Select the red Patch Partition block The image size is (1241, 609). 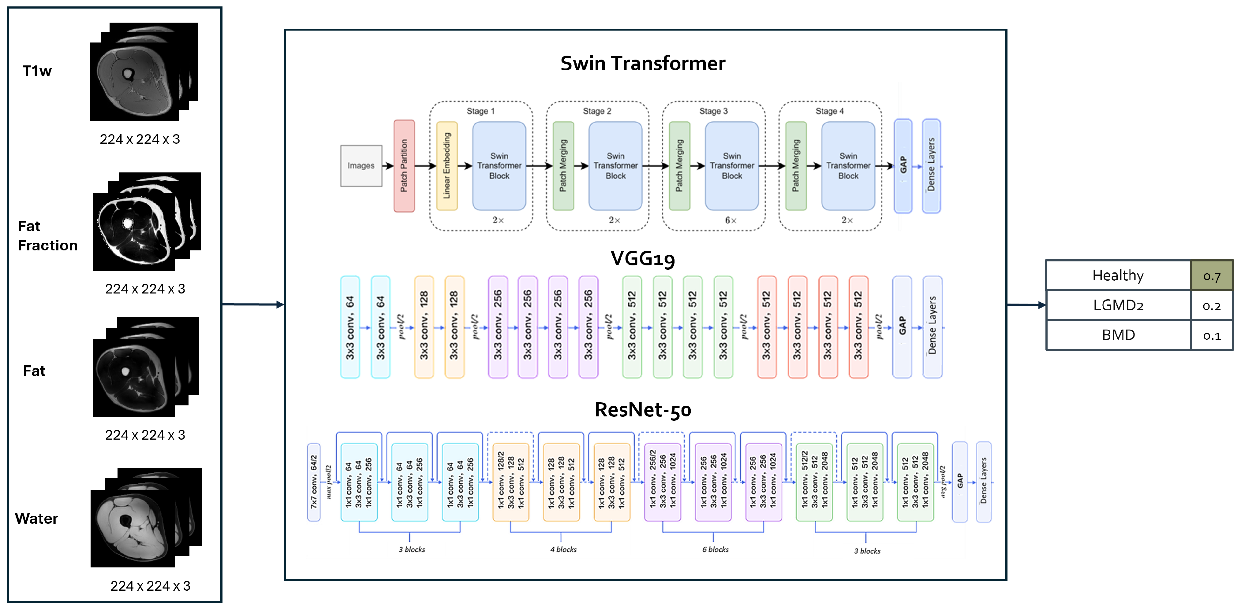[x=404, y=166]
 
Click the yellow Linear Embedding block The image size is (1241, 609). [x=447, y=166]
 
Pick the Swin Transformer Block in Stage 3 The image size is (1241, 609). [x=732, y=166]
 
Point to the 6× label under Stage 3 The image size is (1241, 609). [x=731, y=220]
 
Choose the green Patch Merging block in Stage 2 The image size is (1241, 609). [x=563, y=166]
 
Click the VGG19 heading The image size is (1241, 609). [x=643, y=259]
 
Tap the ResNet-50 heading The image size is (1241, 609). [x=643, y=410]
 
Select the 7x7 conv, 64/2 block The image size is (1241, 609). [x=314, y=482]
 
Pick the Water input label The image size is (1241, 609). [x=37, y=519]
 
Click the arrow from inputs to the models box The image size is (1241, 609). [x=253, y=304]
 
